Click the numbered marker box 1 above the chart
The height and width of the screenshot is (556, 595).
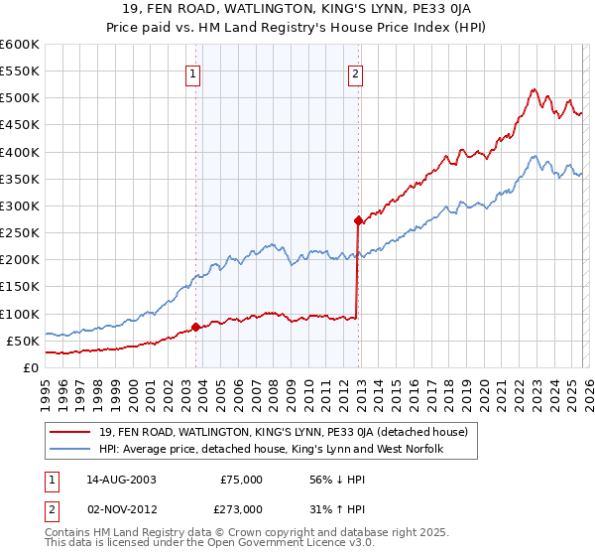(193, 71)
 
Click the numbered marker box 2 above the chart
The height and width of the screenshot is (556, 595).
(355, 71)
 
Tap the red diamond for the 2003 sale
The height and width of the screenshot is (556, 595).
(195, 326)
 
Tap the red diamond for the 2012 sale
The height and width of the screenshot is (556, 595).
(357, 220)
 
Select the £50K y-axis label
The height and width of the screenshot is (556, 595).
(23, 341)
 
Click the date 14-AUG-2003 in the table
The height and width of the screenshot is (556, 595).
(128, 479)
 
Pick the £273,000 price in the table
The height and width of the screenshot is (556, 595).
(241, 508)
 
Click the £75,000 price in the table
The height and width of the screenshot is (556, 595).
(241, 479)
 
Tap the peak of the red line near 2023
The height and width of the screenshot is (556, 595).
(533, 89)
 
